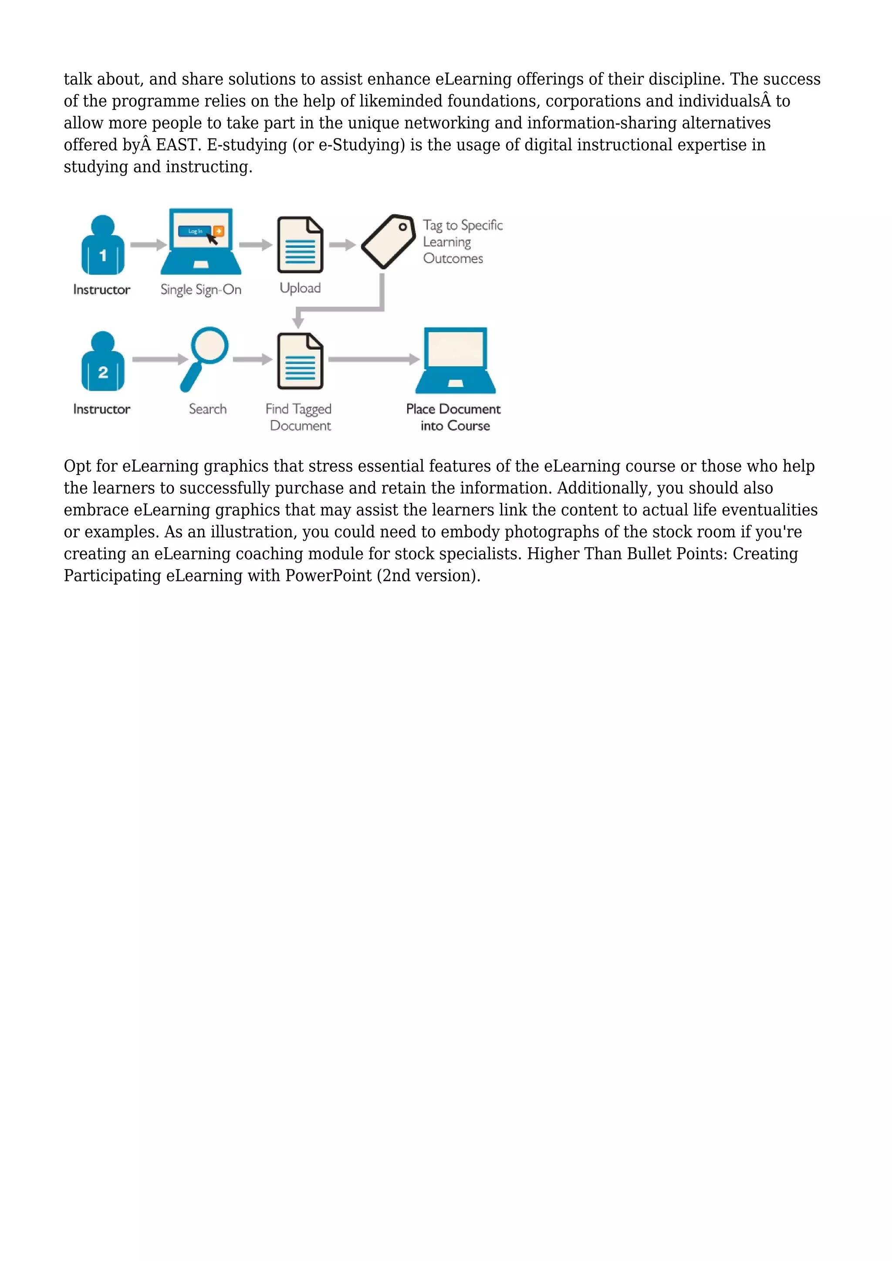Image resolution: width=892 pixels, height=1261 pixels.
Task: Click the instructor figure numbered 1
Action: point(103,246)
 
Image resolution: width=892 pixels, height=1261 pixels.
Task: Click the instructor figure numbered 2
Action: point(103,362)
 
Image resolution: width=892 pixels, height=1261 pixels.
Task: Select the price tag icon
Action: point(389,242)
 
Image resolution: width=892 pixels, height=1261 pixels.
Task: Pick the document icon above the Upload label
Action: point(300,245)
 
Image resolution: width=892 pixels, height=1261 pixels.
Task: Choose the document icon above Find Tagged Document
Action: point(300,361)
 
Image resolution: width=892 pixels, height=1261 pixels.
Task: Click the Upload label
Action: point(300,288)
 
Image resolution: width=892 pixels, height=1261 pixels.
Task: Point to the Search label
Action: point(208,409)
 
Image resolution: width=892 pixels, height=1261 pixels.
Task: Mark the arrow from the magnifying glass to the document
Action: point(253,360)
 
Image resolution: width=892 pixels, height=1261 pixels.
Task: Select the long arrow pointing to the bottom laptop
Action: point(374,360)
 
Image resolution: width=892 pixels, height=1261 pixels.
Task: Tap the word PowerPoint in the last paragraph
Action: point(328,576)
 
